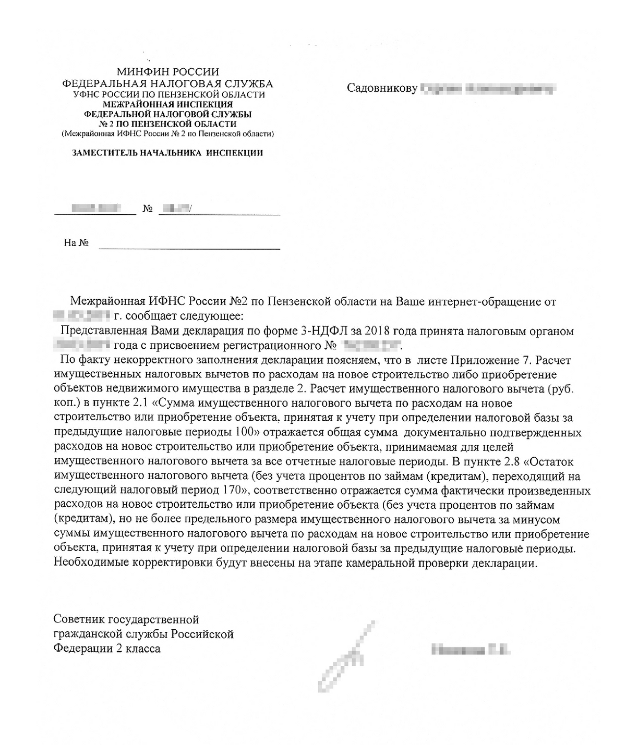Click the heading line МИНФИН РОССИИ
pyautogui.click(x=167, y=72)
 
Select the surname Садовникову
pyautogui.click(x=382, y=89)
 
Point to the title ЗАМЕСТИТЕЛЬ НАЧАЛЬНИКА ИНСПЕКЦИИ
pyautogui.click(x=167, y=153)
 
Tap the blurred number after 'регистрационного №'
pyautogui.click(x=372, y=346)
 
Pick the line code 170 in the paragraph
pyautogui.click(x=238, y=491)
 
